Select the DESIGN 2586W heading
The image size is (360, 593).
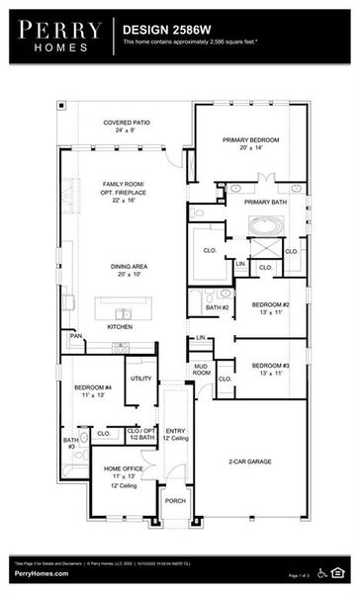[x=162, y=31]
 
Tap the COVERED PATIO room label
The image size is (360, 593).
[x=127, y=126]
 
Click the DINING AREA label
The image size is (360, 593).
[x=127, y=269]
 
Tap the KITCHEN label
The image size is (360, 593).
[x=120, y=326]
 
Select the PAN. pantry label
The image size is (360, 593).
[x=76, y=336]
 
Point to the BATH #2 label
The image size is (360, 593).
[x=217, y=308]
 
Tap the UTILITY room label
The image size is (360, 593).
[x=140, y=379]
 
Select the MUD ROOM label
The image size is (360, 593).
[x=202, y=370]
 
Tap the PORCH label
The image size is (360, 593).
[x=175, y=501]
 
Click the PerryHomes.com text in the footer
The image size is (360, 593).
[x=41, y=574]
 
